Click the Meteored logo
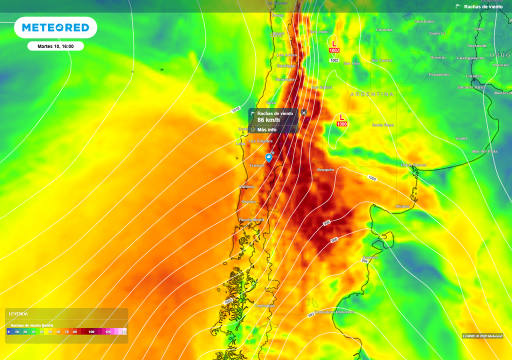pyautogui.click(x=55, y=27)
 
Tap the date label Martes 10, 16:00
pyautogui.click(x=55, y=46)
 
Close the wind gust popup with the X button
pyautogui.click(x=303, y=113)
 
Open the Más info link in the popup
pyautogui.click(x=267, y=129)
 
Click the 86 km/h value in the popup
pyautogui.click(x=268, y=120)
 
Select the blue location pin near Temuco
pyautogui.click(x=269, y=158)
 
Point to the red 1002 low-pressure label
pyautogui.click(x=334, y=50)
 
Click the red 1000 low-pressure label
pyautogui.click(x=342, y=124)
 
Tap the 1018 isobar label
pyautogui.click(x=236, y=109)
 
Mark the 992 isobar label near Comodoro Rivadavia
pyautogui.click(x=311, y=314)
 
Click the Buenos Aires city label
pyautogui.click(x=471, y=87)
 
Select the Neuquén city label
pyautogui.click(x=325, y=170)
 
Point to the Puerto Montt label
pyautogui.click(x=251, y=219)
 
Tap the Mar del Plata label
pyautogui.click(x=485, y=151)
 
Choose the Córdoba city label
pyautogui.click(x=384, y=30)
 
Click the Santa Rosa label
pyautogui.click(x=383, y=125)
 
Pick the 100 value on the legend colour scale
pyautogui.click(x=91, y=331)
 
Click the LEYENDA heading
pyautogui.click(x=18, y=314)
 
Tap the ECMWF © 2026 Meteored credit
pyautogui.click(x=482, y=336)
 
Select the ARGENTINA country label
pyautogui.click(x=372, y=94)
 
